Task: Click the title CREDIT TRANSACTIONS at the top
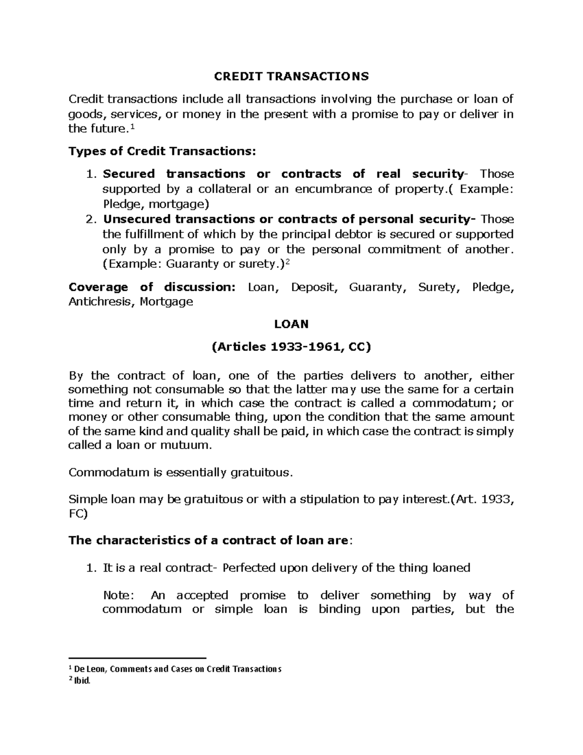point(291,76)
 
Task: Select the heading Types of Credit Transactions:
point(161,151)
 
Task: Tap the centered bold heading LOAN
point(291,324)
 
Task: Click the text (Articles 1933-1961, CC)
point(291,347)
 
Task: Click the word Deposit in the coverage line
point(313,287)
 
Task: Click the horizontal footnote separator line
point(137,657)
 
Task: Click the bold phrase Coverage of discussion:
point(152,287)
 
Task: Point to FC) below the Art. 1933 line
point(78,515)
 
